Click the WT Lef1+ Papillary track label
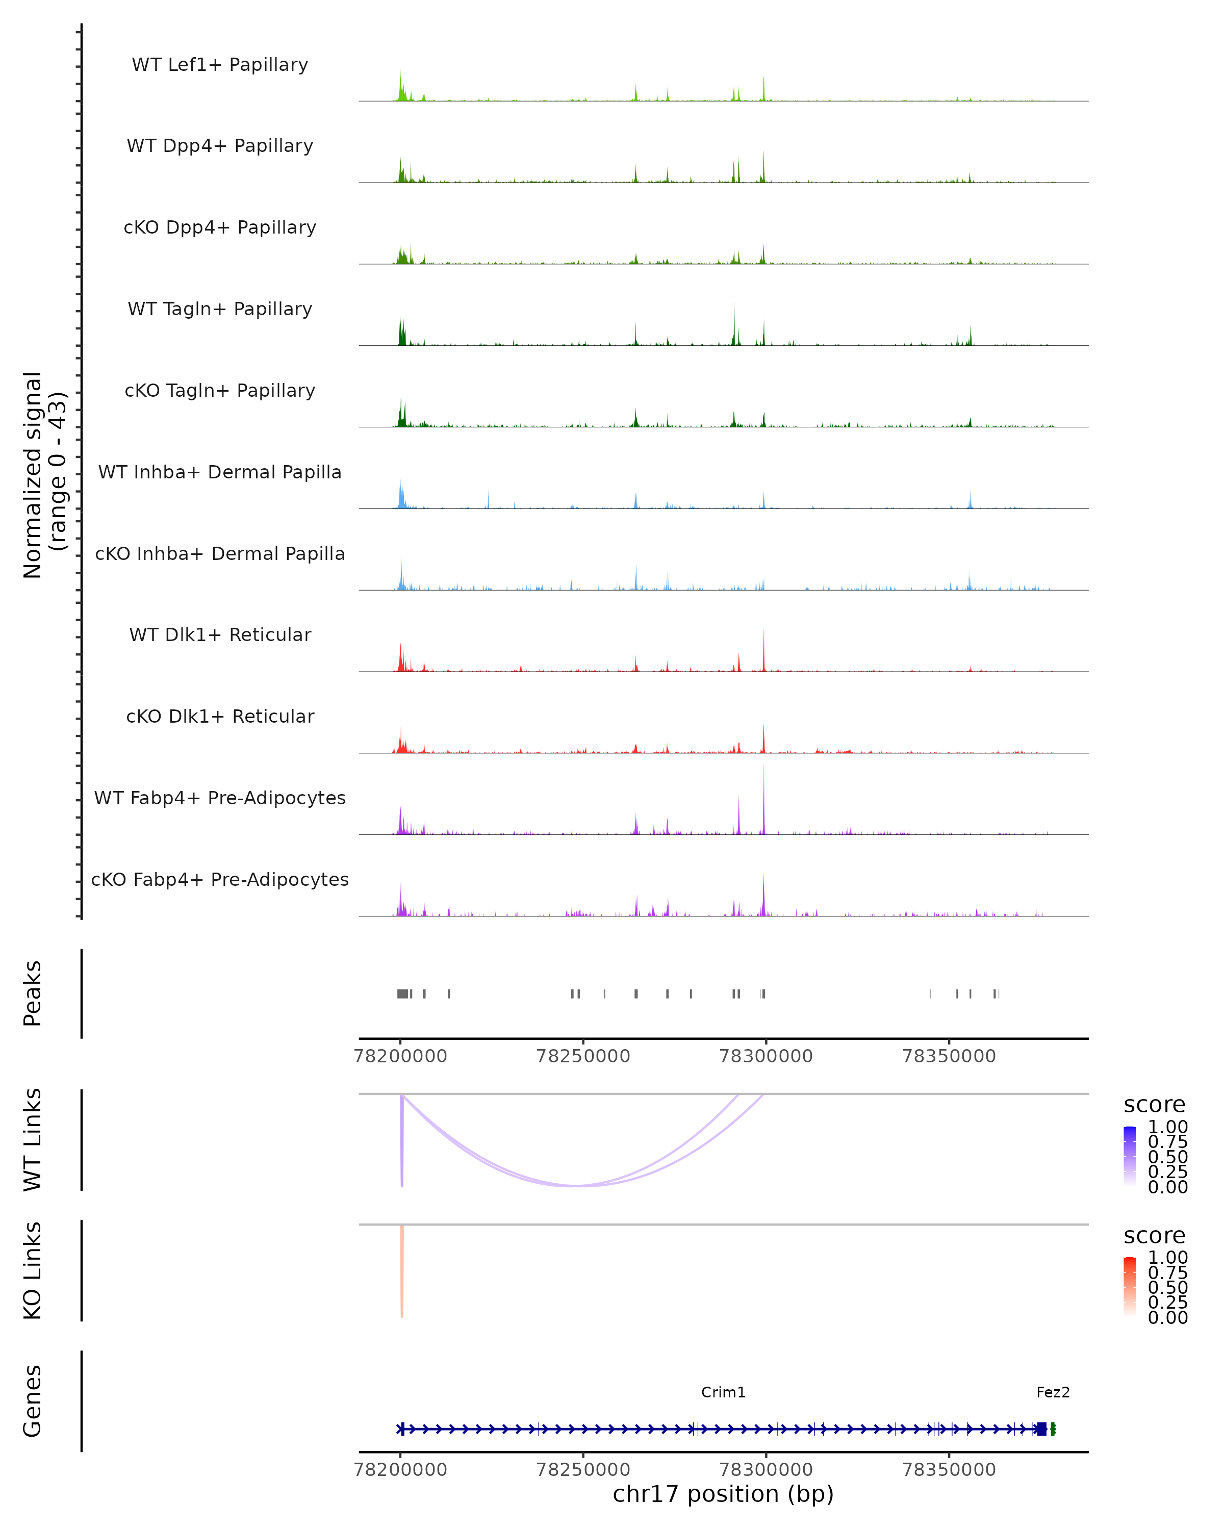coord(220,65)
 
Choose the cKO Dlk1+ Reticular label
coord(220,716)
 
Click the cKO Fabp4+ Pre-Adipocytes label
coord(220,879)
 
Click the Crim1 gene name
coord(723,1392)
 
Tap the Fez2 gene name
coord(1052,1392)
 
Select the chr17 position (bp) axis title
coord(723,1494)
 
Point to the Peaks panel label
coord(33,993)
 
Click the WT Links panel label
coord(33,1140)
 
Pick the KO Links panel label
coord(33,1270)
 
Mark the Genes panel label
coord(33,1401)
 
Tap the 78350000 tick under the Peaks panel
coord(949,1056)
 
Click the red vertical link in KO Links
coord(401,1271)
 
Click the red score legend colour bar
coord(1130,1287)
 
